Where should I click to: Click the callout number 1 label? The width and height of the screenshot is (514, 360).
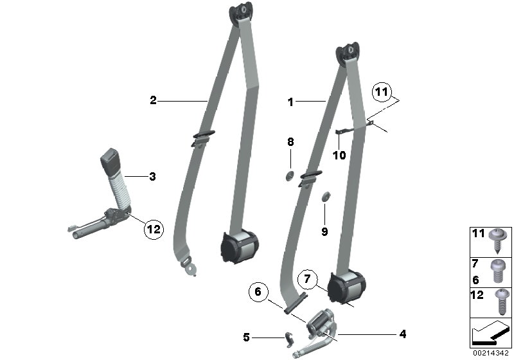[x=290, y=102]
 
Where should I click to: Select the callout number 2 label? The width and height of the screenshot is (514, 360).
[x=153, y=100]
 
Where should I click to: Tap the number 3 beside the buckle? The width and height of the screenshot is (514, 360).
[x=152, y=175]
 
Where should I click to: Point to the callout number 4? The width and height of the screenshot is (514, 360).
[x=402, y=334]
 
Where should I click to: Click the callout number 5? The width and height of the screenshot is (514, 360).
[x=246, y=336]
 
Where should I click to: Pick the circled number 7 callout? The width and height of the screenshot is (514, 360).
[x=308, y=280]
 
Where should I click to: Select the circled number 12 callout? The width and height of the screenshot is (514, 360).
[x=154, y=228]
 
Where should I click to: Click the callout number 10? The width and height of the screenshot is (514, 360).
[x=339, y=155]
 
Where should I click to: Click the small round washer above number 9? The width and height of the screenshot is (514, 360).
[x=325, y=195]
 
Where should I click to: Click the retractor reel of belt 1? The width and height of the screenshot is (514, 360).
[x=347, y=285]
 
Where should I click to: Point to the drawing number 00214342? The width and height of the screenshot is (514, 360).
[x=491, y=353]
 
